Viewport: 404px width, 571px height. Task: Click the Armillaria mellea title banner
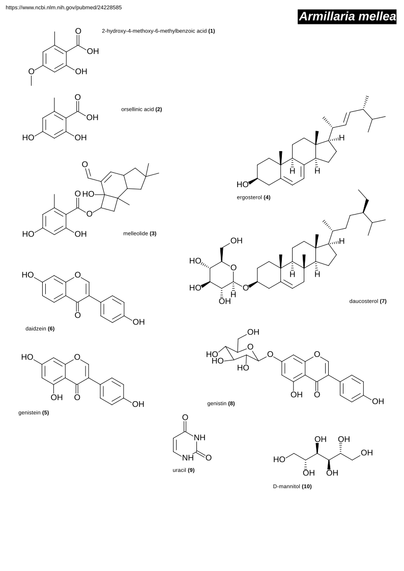click(x=347, y=17)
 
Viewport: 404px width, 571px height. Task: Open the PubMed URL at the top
click(x=64, y=7)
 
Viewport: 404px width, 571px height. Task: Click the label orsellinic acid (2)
click(x=141, y=109)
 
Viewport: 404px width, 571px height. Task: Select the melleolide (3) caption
click(x=139, y=233)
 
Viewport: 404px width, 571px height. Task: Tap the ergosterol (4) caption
click(x=253, y=197)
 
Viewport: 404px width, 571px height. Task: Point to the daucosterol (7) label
click(x=368, y=301)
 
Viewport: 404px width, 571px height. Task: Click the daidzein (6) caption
click(x=40, y=328)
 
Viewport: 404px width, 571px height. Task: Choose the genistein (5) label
click(x=34, y=412)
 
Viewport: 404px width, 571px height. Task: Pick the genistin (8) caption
click(x=221, y=404)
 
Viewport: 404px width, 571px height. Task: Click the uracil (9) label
click(x=184, y=470)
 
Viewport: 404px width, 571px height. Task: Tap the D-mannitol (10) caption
click(x=293, y=486)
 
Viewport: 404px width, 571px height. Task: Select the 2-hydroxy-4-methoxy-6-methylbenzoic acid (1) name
click(x=158, y=31)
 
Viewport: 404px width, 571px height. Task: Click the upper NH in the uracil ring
click(x=199, y=437)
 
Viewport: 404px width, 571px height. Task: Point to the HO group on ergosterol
click(x=242, y=185)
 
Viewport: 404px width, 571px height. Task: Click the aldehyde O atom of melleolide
click(x=84, y=164)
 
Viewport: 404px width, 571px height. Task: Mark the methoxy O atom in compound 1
click(x=32, y=71)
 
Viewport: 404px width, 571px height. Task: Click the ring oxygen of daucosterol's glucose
click(x=234, y=267)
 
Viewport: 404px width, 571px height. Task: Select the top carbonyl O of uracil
click(x=185, y=417)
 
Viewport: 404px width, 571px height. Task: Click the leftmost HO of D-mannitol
click(x=279, y=460)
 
